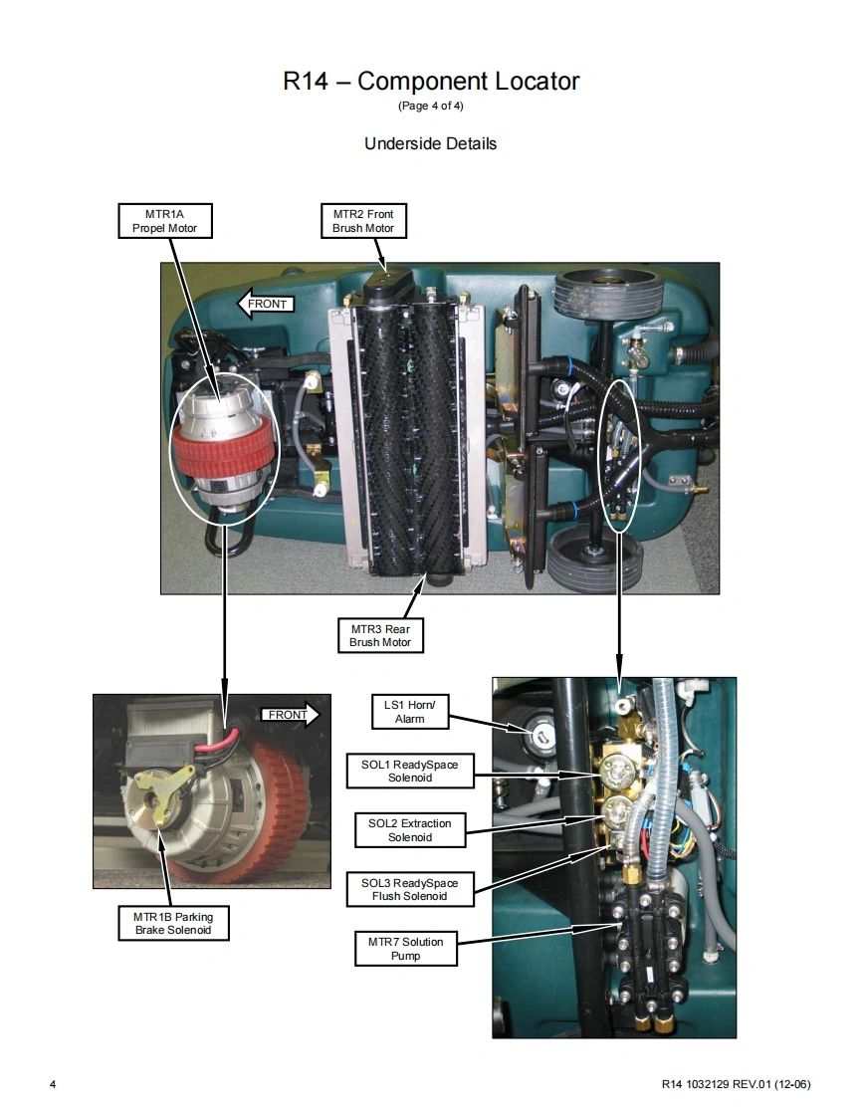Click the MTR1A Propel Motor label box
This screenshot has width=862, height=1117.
(165, 221)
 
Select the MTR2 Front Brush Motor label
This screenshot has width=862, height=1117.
(363, 221)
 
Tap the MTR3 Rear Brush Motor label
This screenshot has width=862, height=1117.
(380, 635)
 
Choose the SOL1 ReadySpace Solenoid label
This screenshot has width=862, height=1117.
(410, 771)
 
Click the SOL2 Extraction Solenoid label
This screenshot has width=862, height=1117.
(409, 830)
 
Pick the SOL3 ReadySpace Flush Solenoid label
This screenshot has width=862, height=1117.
(409, 889)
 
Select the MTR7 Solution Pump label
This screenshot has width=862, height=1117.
(405, 949)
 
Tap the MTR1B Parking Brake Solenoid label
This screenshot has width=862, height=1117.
(173, 923)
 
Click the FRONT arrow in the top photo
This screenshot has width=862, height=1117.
(265, 304)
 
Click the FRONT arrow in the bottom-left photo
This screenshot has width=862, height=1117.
(291, 715)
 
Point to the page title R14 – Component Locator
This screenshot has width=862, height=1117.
(431, 82)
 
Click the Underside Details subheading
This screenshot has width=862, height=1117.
(430, 143)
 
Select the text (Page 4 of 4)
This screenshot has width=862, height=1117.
(430, 107)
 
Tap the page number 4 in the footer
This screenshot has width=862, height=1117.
(53, 1083)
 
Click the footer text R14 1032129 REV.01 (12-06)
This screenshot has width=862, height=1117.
(736, 1083)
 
